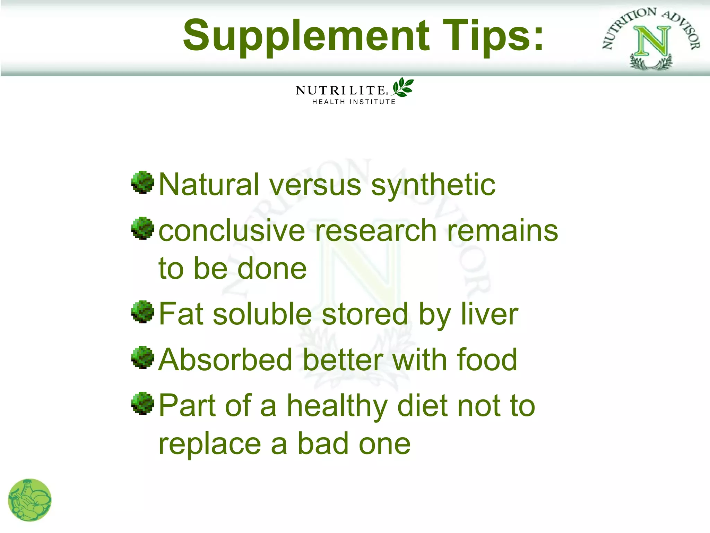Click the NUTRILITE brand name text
tap(341, 91)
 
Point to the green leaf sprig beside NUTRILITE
tap(402, 87)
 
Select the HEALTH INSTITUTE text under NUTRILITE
tap(354, 102)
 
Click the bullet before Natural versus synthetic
tap(142, 182)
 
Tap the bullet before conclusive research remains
tap(142, 228)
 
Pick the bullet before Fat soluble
tap(142, 312)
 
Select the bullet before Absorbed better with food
tap(142, 357)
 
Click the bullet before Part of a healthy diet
tap(142, 403)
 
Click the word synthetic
tap(433, 185)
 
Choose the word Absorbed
tap(225, 360)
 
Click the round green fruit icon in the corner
tap(30, 500)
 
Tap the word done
tap(272, 269)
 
